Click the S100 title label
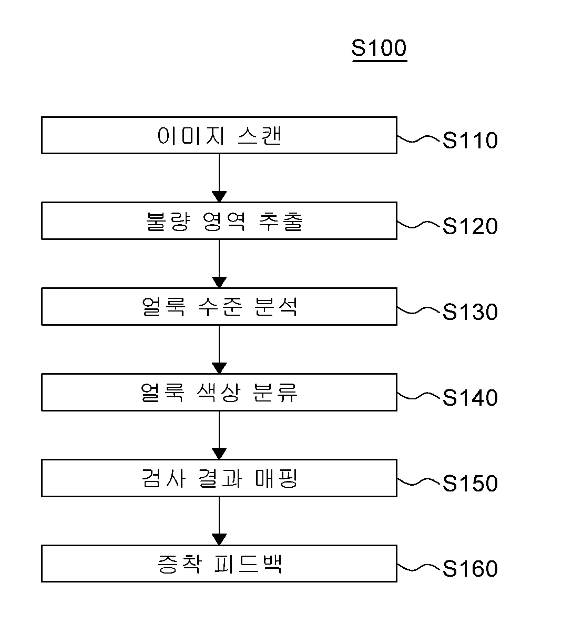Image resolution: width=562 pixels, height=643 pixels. pos(379,48)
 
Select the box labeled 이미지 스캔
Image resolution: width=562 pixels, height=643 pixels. pos(219,135)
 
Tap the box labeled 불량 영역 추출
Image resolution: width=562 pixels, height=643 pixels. pos(219,221)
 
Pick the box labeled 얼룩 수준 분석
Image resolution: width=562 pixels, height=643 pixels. pos(219,306)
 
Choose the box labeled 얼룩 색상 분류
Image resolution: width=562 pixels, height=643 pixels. pos(219,392)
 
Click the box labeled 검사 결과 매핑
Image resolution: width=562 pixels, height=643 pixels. pos(219,478)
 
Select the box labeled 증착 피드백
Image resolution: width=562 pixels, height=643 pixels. pos(219,564)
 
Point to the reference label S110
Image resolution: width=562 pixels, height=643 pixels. pos(469,141)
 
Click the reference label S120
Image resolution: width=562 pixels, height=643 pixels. pos(469,227)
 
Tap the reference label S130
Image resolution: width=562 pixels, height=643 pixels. pos(469,313)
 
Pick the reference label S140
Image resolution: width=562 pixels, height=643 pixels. pos(469,398)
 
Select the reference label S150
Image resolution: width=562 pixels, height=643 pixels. pos(469,484)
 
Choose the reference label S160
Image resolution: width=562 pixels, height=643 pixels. pos(469,569)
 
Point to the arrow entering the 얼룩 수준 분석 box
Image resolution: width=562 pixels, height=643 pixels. pos(219,264)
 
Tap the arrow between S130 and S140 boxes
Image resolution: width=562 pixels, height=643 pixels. pos(219,349)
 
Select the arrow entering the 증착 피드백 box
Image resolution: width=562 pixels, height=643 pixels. pos(219,521)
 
